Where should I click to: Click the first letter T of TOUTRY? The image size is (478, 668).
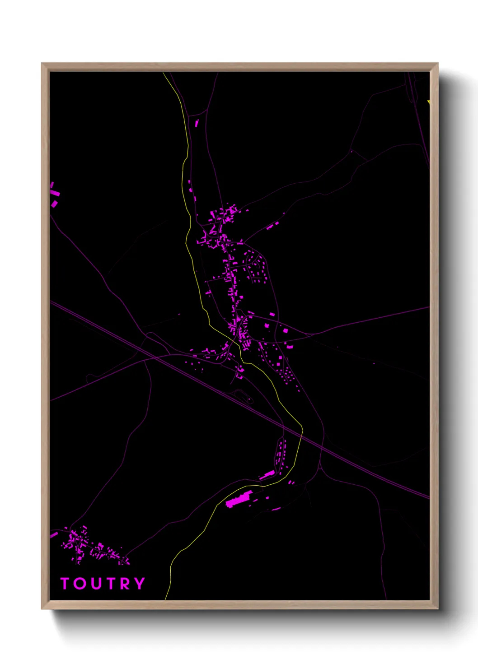[x=65, y=584]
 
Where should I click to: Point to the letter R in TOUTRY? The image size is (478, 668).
[x=124, y=584]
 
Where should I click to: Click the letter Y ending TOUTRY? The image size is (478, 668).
[x=139, y=584]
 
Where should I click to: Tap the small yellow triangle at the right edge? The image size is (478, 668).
[x=429, y=102]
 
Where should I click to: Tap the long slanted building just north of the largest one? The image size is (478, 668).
[x=267, y=475]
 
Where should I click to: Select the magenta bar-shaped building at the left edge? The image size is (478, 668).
[x=55, y=193]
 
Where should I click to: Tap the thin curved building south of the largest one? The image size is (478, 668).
[x=276, y=509]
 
